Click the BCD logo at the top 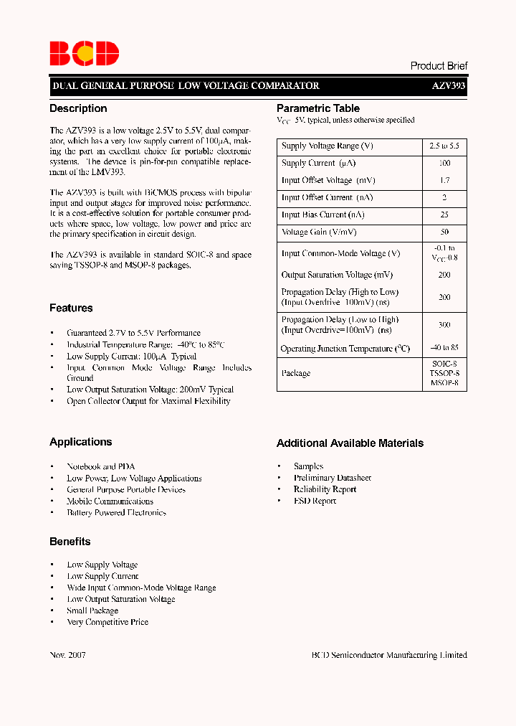point(83,54)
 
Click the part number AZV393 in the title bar point(449,86)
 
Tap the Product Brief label point(439,66)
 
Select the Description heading point(78,109)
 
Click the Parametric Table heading point(318,109)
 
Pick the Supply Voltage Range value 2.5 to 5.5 point(444,146)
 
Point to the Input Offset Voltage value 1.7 point(444,181)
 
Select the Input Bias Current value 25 point(444,215)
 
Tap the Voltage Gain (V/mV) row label point(319,232)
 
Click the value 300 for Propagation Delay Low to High point(444,325)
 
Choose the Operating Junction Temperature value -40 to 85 point(444,349)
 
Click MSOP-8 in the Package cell point(444,383)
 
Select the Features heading point(71,308)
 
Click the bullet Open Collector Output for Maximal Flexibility point(148,401)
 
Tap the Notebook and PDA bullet point(100,466)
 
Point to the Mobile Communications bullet point(110,501)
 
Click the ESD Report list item point(315,501)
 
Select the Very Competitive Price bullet point(107,622)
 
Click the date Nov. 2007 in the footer point(68,655)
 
